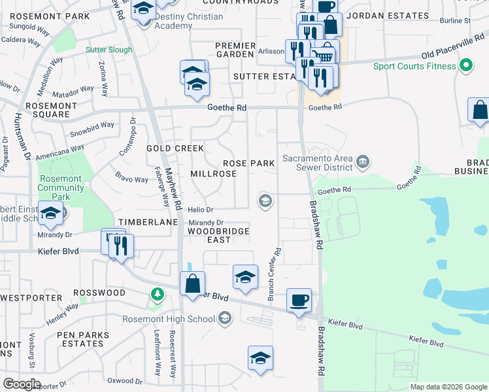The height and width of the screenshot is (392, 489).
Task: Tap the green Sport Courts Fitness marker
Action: tap(465, 66)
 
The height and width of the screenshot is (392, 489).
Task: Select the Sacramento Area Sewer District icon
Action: tap(363, 161)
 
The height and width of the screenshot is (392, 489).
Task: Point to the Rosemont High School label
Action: tap(169, 319)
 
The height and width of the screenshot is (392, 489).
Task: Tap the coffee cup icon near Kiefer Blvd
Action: tap(299, 300)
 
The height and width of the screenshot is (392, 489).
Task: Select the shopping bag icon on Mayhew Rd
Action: tap(192, 284)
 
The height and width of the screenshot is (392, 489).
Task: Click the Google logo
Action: tap(21, 384)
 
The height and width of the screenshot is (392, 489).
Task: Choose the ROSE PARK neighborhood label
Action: tap(248, 163)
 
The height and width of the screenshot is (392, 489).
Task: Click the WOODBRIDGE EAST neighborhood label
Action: tap(218, 235)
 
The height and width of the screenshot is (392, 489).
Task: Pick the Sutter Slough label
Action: tap(109, 50)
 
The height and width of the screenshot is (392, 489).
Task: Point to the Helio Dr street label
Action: tap(201, 210)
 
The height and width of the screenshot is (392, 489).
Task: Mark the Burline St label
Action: tap(455, 21)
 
